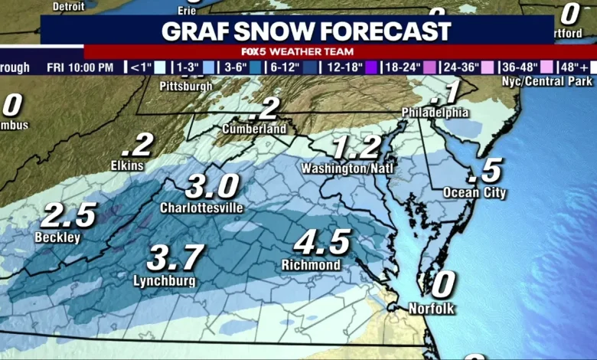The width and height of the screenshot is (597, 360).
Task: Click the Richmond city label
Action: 310,265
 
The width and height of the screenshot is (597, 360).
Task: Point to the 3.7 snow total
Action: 175,257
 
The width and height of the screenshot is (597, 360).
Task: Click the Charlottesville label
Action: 201,208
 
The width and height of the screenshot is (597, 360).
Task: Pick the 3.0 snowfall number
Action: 212,185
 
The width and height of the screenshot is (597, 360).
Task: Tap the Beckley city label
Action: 57,237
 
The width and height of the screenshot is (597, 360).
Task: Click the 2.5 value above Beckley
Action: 68,214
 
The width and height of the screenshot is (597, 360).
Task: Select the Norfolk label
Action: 432,309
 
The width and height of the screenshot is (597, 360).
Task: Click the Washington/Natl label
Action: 341,167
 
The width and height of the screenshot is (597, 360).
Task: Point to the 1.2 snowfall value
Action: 356,146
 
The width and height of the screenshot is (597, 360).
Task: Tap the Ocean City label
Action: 475,192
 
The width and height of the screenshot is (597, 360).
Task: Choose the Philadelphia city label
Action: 436,113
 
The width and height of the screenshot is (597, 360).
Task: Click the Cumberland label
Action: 254,129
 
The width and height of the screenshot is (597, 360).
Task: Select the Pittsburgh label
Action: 186,86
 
